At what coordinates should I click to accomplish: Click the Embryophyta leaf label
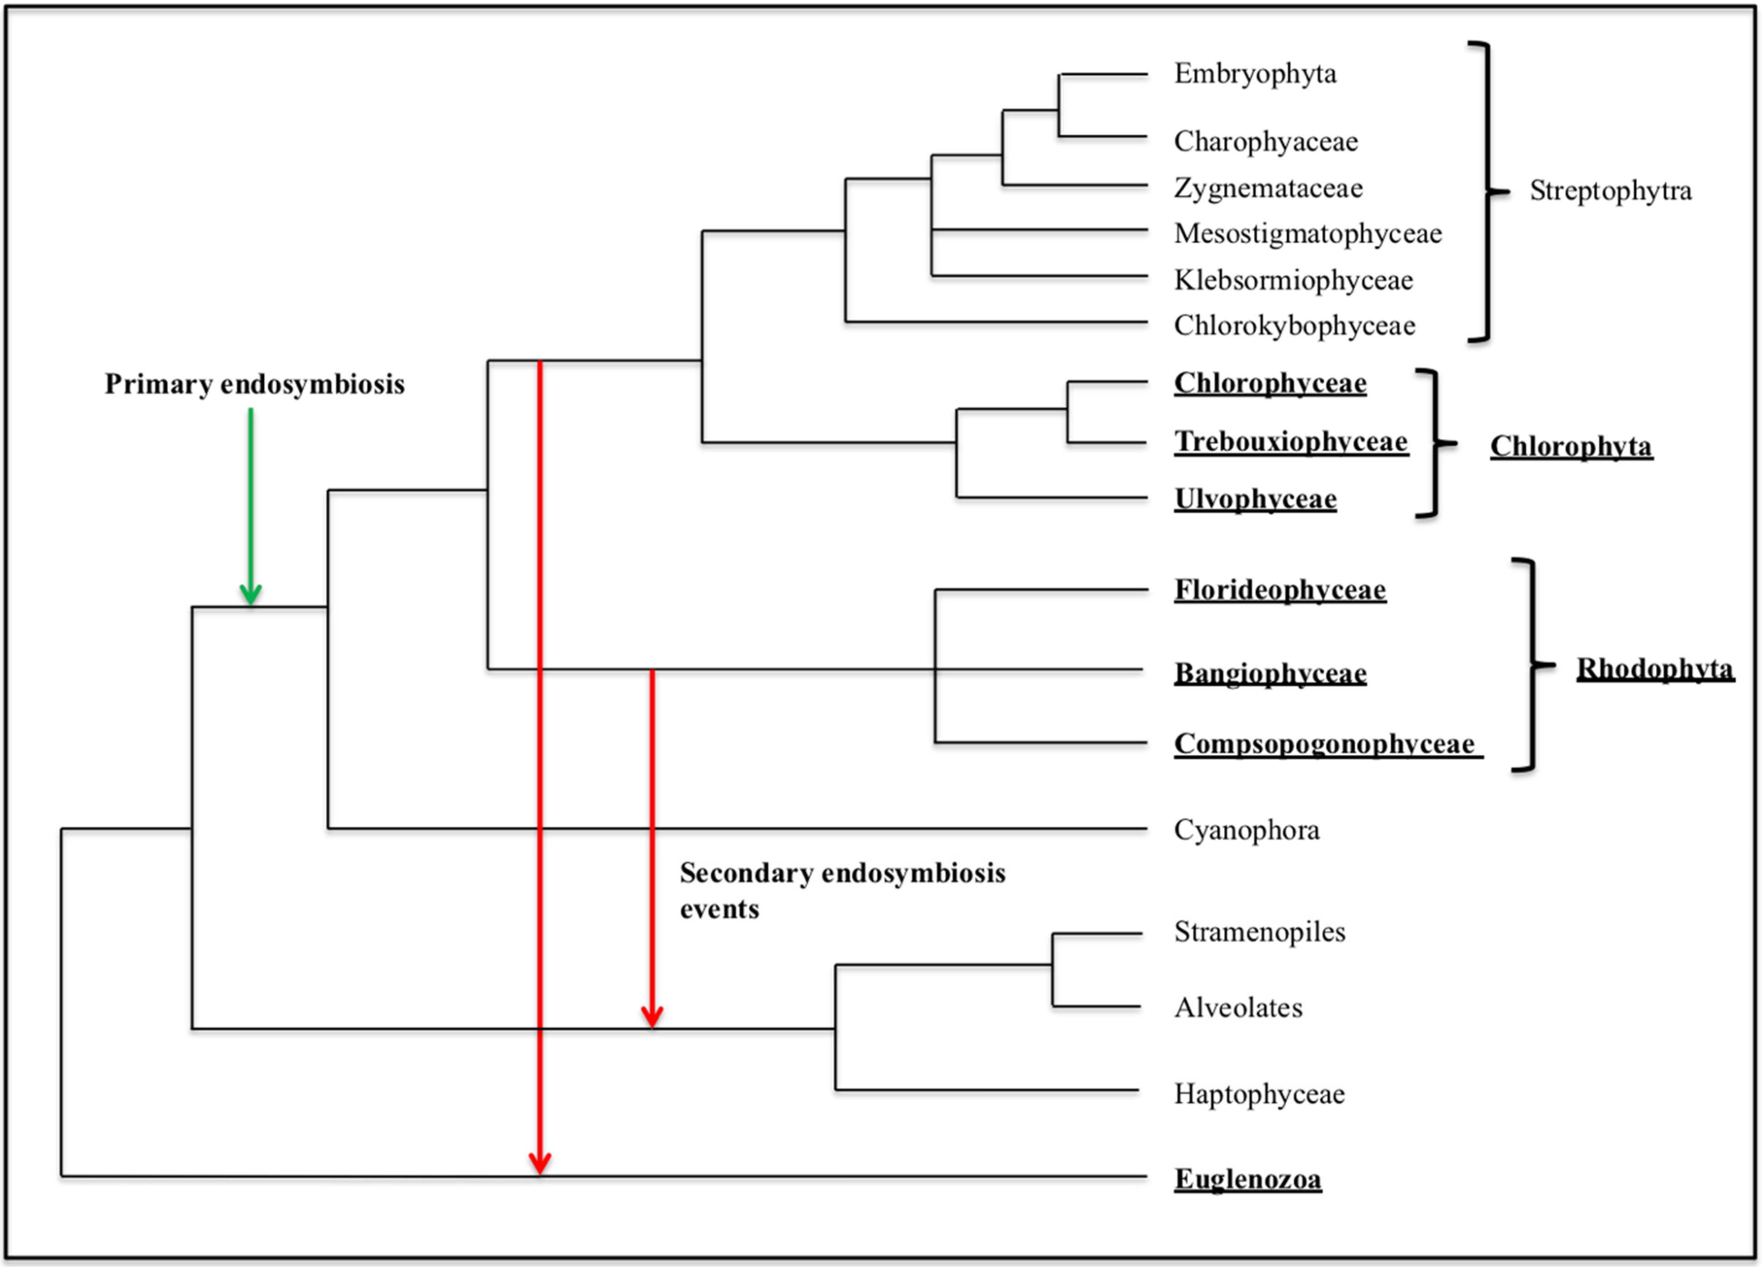(1255, 74)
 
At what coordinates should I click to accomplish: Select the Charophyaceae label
(1266, 141)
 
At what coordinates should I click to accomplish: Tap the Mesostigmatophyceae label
(1307, 233)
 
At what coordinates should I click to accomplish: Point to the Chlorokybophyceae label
(1294, 325)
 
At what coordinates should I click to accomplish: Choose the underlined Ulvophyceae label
(1255, 499)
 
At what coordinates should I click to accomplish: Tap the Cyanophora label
(1246, 830)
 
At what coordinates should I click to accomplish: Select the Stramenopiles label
(1259, 932)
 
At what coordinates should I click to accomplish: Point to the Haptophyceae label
(1259, 1094)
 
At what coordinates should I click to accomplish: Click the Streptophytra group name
(1610, 190)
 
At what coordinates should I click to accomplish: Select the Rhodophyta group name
(1654, 669)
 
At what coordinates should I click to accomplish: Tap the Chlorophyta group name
(1570, 447)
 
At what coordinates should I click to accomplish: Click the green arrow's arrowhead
(250, 595)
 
